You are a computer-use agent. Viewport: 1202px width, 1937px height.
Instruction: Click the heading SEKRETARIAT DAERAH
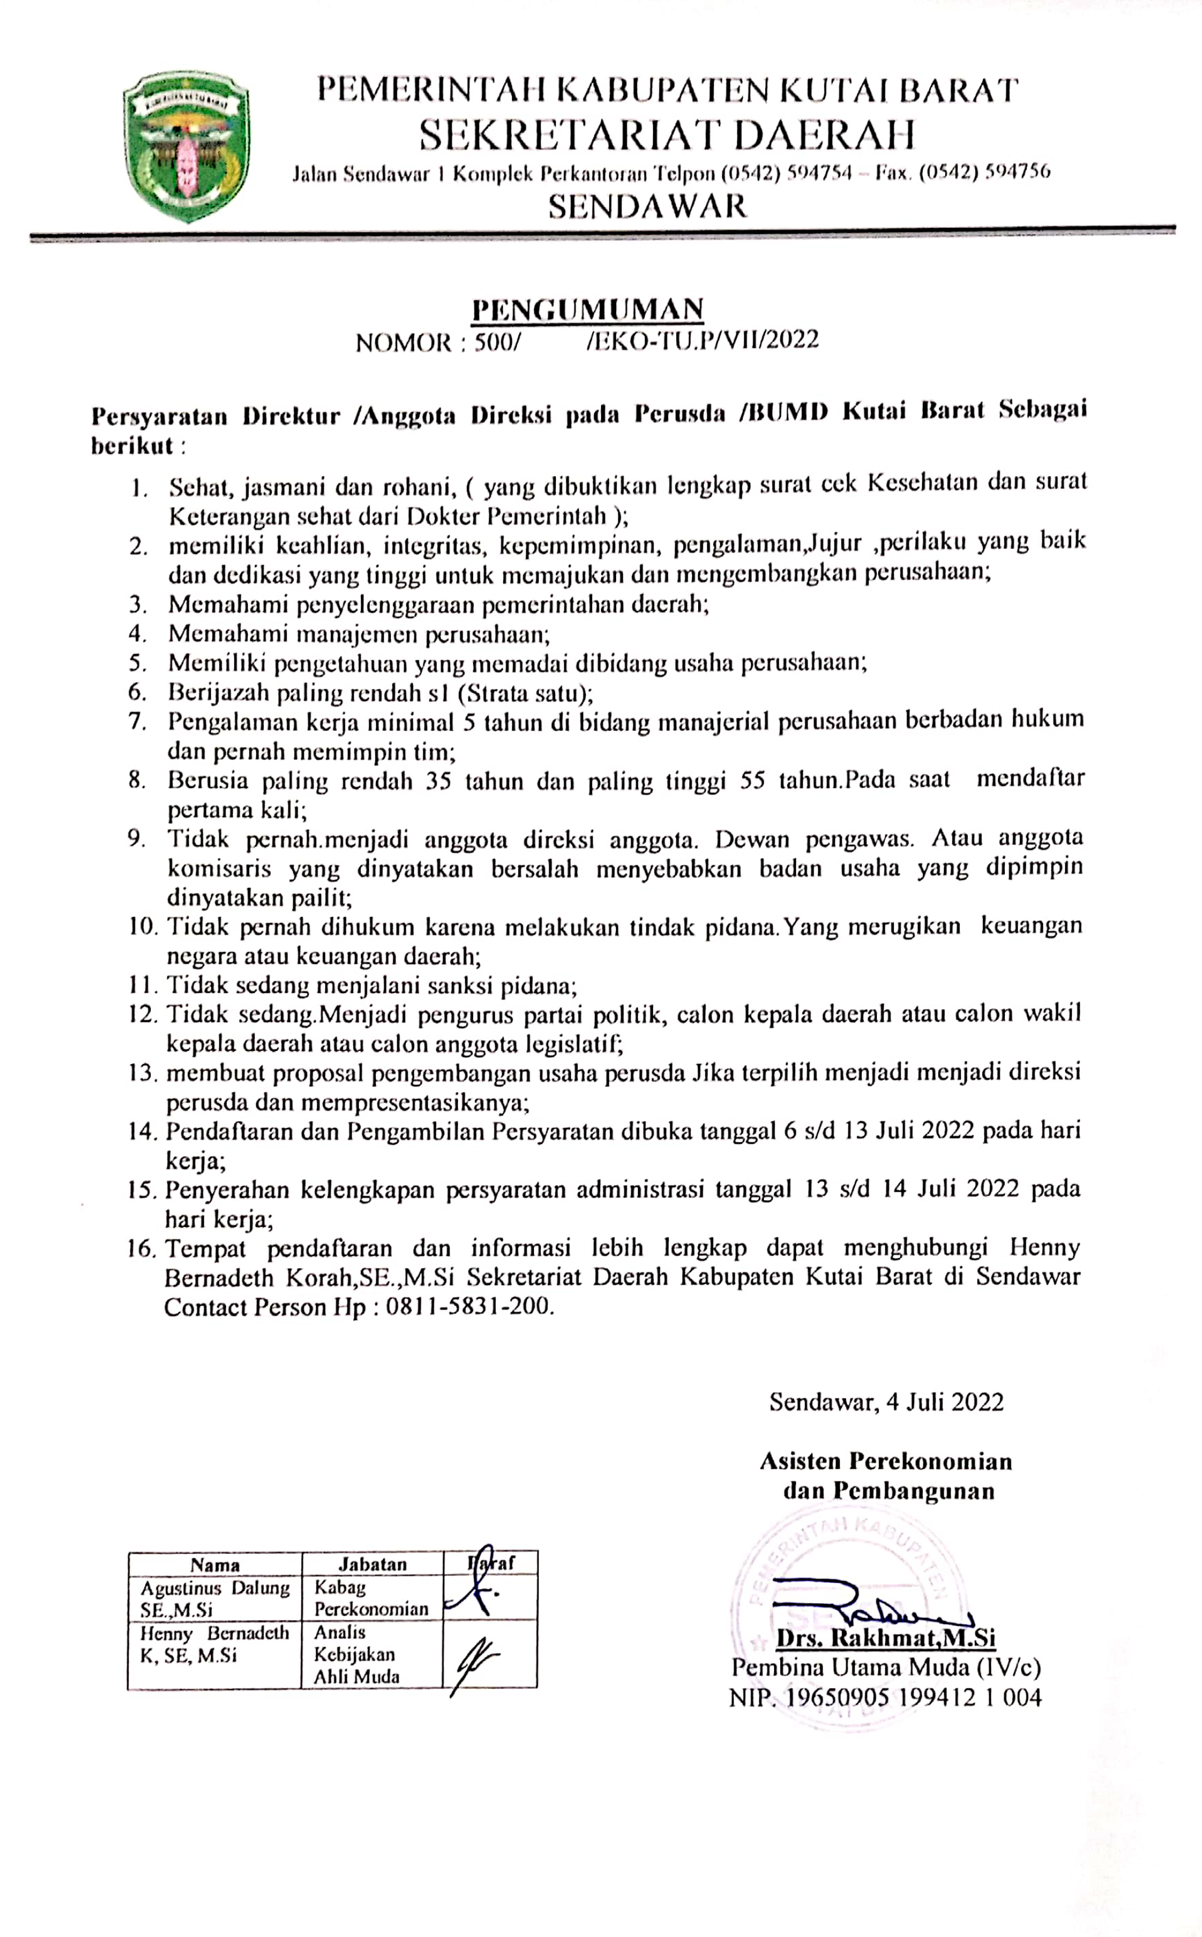click(666, 135)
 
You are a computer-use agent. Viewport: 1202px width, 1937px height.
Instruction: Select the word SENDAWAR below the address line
click(648, 206)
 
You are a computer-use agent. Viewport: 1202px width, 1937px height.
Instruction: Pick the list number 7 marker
click(139, 721)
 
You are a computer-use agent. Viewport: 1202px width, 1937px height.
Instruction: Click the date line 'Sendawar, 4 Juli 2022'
click(886, 1401)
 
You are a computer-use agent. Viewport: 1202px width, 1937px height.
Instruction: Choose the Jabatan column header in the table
click(372, 1563)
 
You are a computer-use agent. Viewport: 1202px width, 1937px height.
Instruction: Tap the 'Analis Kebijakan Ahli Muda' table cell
click(357, 1654)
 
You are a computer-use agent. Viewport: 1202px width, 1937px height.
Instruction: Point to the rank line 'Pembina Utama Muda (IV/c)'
click(886, 1668)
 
